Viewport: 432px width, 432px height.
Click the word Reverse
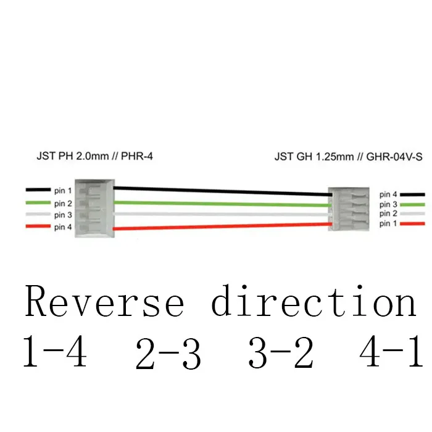[x=105, y=303]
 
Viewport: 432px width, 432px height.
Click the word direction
[x=314, y=303]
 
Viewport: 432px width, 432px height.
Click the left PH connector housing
[x=94, y=207]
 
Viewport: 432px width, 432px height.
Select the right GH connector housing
[x=349, y=209]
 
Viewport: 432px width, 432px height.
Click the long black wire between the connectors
[x=222, y=191]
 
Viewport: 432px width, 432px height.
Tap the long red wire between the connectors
[x=222, y=226]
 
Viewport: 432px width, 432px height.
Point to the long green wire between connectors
[x=222, y=203]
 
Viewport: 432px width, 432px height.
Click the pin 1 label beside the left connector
[x=63, y=191]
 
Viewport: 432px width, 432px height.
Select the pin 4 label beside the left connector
[x=63, y=227]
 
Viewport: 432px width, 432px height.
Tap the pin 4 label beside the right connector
[x=388, y=194]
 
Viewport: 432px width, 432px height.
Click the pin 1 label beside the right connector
[x=388, y=223]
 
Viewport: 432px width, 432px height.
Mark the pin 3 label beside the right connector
[x=388, y=204]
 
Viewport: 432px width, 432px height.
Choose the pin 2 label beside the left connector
[x=63, y=203]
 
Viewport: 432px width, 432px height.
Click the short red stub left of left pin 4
[x=38, y=227]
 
